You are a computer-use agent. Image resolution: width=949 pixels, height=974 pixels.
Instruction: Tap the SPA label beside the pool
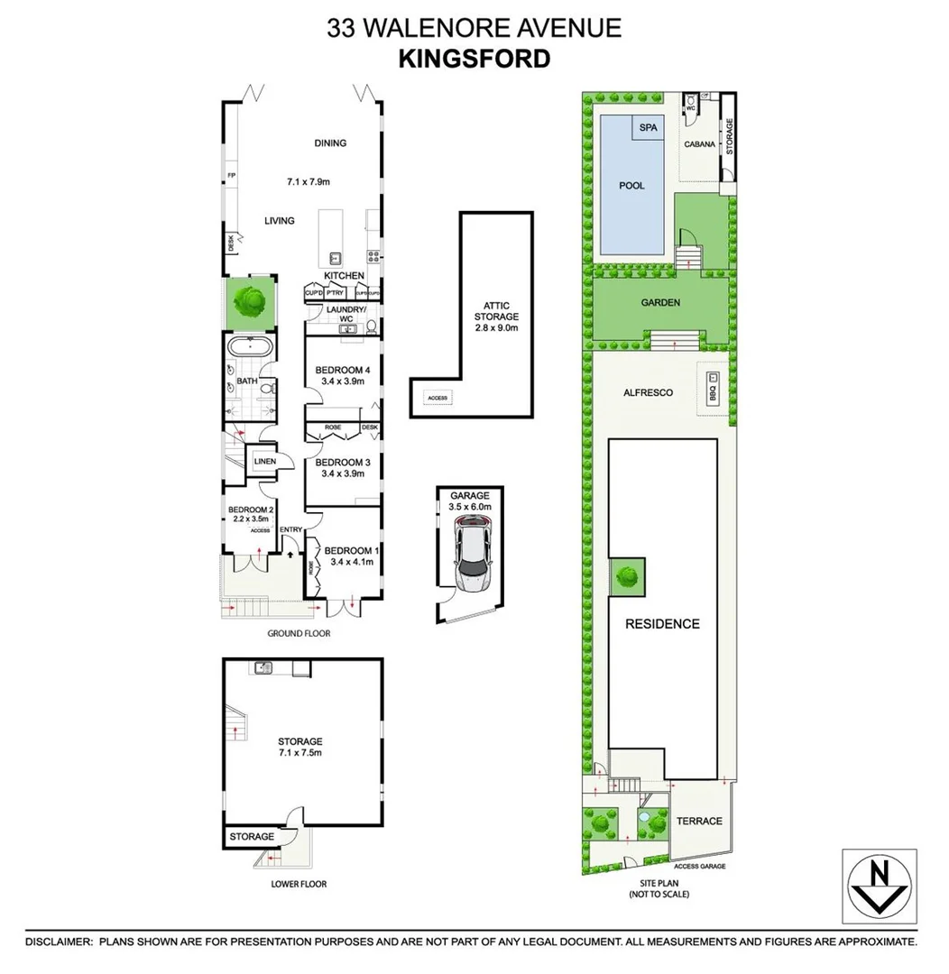point(648,128)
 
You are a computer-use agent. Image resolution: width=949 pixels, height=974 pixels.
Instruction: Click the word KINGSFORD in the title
point(474,59)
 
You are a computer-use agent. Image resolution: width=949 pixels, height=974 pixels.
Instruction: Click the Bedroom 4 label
point(343,370)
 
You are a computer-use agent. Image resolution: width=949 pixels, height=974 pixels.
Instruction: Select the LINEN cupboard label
point(264,462)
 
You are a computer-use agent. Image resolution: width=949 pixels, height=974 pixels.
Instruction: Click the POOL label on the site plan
point(631,186)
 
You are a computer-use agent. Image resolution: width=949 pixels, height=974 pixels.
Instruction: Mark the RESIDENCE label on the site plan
point(663,624)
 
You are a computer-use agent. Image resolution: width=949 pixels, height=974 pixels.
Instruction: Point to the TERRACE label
point(700,821)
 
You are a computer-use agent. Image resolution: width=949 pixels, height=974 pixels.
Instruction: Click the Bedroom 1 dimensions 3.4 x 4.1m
point(349,563)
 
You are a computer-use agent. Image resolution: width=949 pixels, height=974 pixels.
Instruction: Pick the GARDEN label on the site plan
point(660,303)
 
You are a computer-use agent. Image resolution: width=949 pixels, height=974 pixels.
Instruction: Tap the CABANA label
point(700,144)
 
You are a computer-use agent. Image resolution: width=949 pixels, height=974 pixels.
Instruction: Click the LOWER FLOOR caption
point(299,884)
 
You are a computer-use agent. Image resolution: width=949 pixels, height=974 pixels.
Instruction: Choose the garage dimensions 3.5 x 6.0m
point(469,508)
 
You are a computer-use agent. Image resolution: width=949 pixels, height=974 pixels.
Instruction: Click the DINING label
point(330,143)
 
